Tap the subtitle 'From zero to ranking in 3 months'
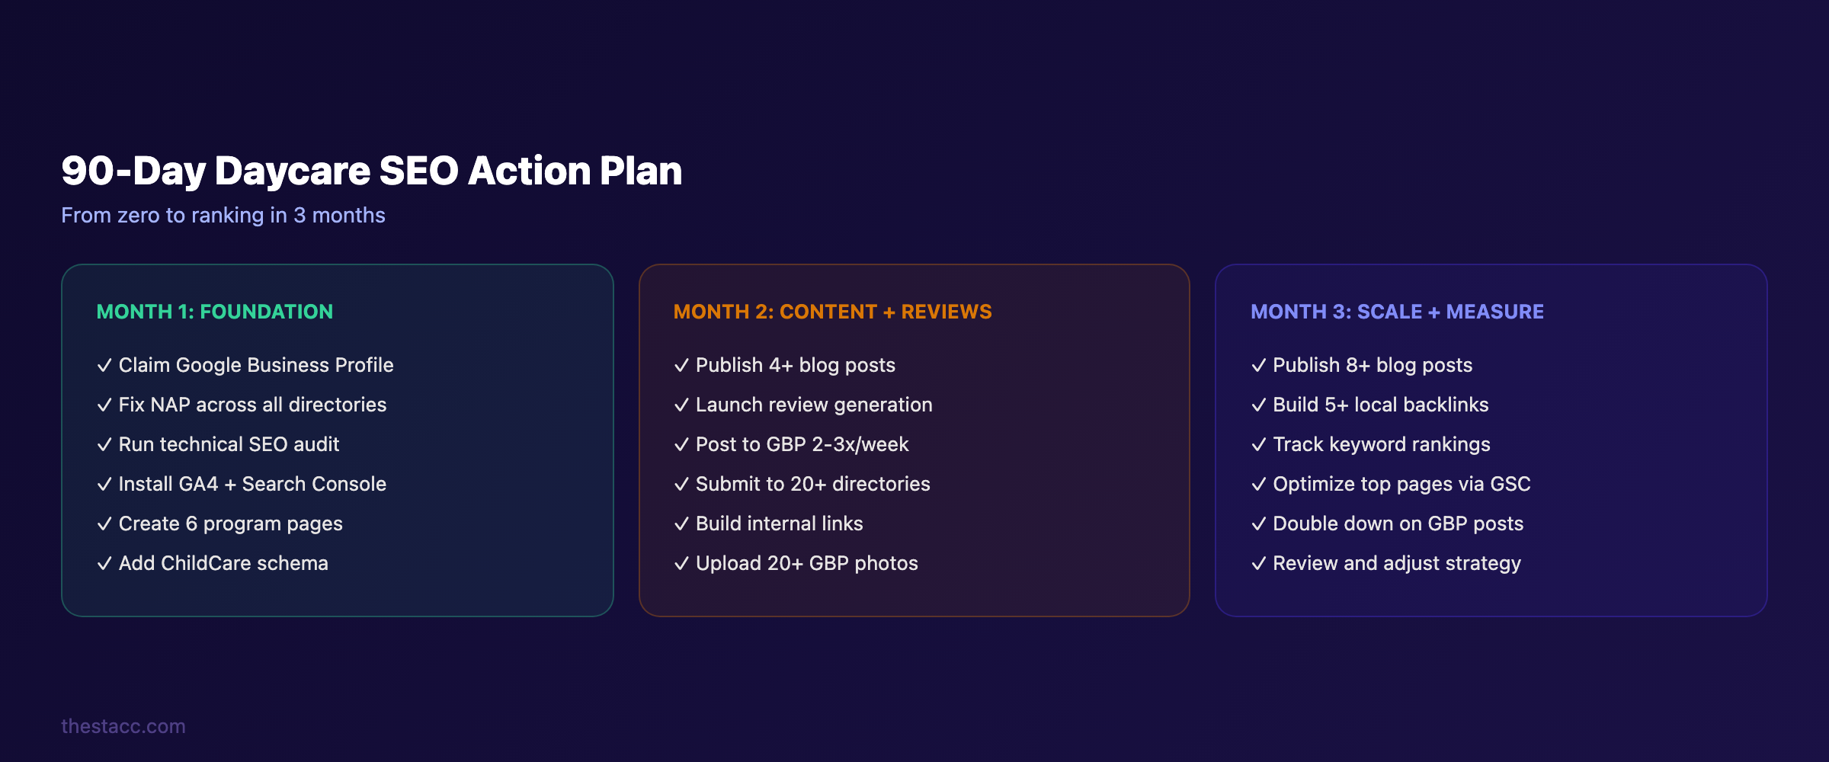[x=223, y=216]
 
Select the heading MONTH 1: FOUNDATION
[x=215, y=312]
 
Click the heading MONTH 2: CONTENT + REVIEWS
[x=833, y=312]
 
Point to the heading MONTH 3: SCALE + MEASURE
[x=1397, y=312]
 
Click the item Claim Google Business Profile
[x=256, y=365]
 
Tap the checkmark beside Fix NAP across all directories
[x=104, y=405]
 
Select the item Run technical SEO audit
[x=229, y=444]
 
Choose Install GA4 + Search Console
[x=252, y=484]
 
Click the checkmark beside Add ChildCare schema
[x=104, y=563]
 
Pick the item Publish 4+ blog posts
[x=796, y=365]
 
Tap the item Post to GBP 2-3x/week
[x=802, y=444]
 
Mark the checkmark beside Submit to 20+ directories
[x=681, y=484]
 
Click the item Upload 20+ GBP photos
[x=806, y=563]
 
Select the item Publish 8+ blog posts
[x=1373, y=365]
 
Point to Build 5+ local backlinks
[x=1380, y=405]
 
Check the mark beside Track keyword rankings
[x=1258, y=444]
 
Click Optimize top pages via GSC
[x=1401, y=484]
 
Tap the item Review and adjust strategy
[x=1396, y=563]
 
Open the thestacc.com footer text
[x=123, y=726]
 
